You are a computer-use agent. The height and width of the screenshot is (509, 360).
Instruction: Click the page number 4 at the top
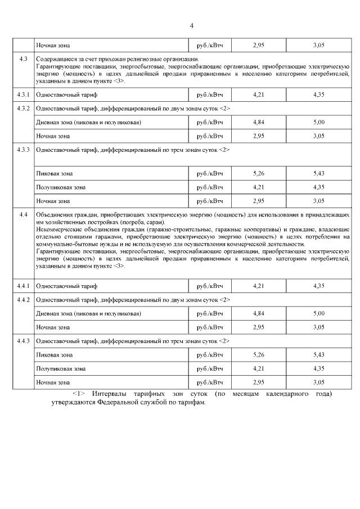click(191, 26)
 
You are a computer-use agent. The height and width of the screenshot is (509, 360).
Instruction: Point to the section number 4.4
click(24, 215)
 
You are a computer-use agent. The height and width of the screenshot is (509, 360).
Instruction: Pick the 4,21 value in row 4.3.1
click(259, 95)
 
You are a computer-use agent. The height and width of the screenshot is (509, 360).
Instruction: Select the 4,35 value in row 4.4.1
click(319, 286)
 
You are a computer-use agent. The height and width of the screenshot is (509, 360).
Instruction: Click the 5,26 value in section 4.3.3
click(259, 173)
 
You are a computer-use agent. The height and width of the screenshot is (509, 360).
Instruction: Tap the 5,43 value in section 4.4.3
click(319, 355)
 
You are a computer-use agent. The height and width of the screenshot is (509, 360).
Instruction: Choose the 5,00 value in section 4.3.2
click(319, 122)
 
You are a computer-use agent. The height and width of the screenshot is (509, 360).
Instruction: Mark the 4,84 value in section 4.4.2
click(259, 313)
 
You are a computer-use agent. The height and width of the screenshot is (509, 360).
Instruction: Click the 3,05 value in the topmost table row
click(319, 45)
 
